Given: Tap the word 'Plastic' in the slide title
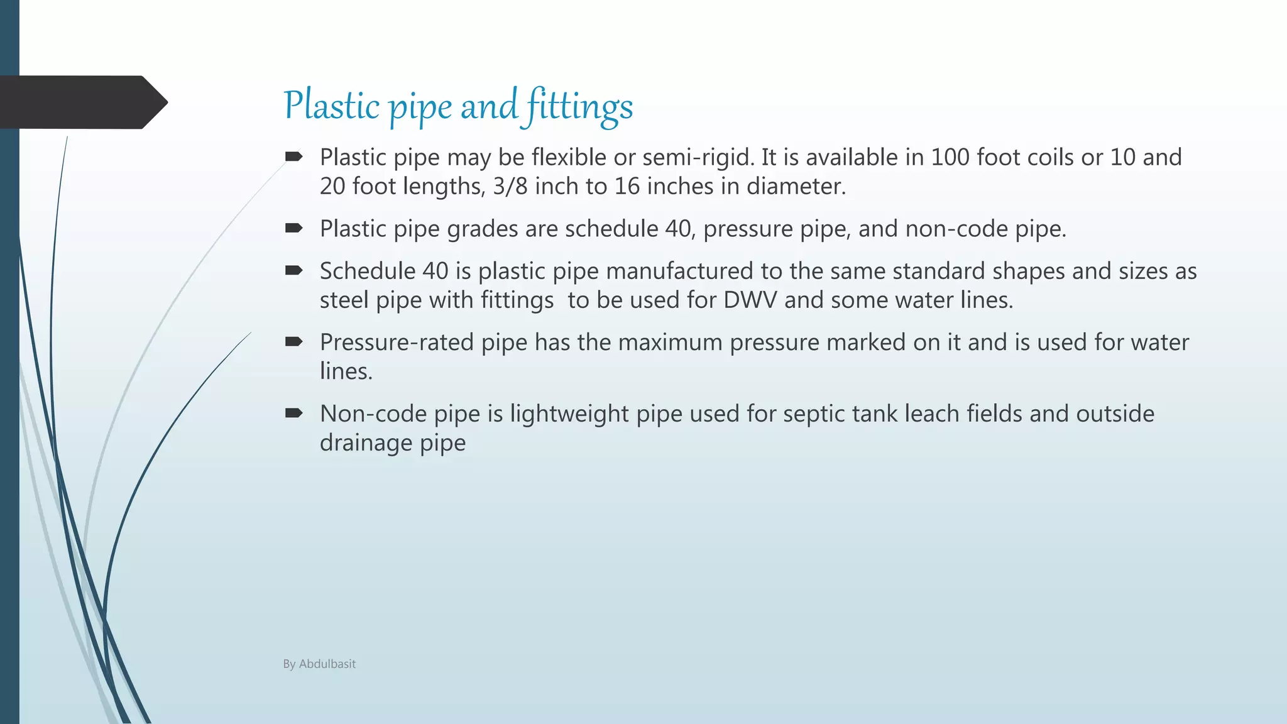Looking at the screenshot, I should (331, 105).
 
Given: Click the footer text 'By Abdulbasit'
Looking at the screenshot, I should (319, 664).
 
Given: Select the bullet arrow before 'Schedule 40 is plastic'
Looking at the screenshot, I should (293, 271).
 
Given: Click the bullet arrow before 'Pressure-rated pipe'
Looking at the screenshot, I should (293, 342).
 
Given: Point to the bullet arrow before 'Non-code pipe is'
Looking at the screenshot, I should (293, 414).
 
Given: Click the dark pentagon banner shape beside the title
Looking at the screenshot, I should (82, 102).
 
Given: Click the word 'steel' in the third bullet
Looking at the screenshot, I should (344, 300).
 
